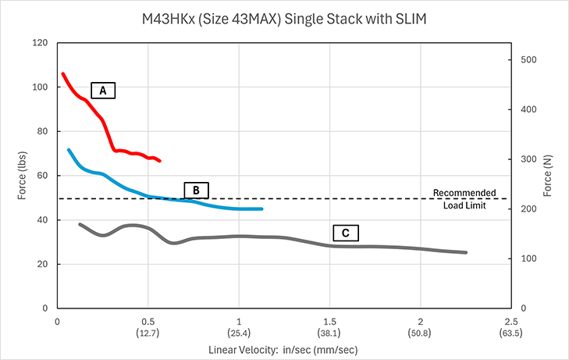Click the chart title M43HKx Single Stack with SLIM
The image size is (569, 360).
(284, 18)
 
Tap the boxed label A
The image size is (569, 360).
(102, 90)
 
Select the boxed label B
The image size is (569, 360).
(197, 189)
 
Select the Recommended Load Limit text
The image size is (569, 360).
(464, 198)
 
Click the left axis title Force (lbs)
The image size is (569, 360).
(20, 176)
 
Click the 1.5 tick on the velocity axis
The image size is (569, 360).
(329, 322)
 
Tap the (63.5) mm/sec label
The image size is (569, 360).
(511, 332)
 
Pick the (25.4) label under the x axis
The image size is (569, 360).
(239, 332)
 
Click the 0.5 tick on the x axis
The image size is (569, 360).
(148, 322)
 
